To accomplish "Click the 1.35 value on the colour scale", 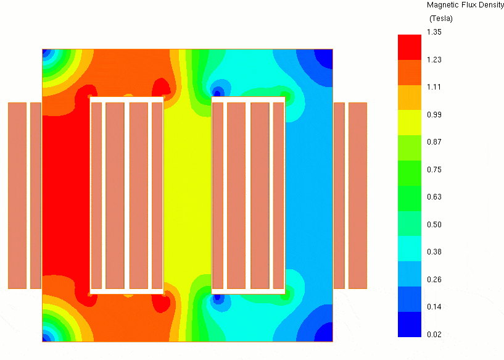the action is pyautogui.click(x=434, y=32).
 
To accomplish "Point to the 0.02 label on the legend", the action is pyautogui.click(x=434, y=334).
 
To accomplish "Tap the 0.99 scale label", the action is pyautogui.click(x=434, y=114).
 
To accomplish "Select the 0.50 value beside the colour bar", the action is pyautogui.click(x=434, y=224).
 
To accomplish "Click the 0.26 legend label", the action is pyautogui.click(x=434, y=279).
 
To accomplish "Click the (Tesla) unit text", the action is pyautogui.click(x=441, y=19).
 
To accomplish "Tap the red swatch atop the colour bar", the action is pyautogui.click(x=410, y=48).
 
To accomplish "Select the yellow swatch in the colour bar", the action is pyautogui.click(x=410, y=123).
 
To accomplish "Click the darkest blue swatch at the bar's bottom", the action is pyautogui.click(x=410, y=324).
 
